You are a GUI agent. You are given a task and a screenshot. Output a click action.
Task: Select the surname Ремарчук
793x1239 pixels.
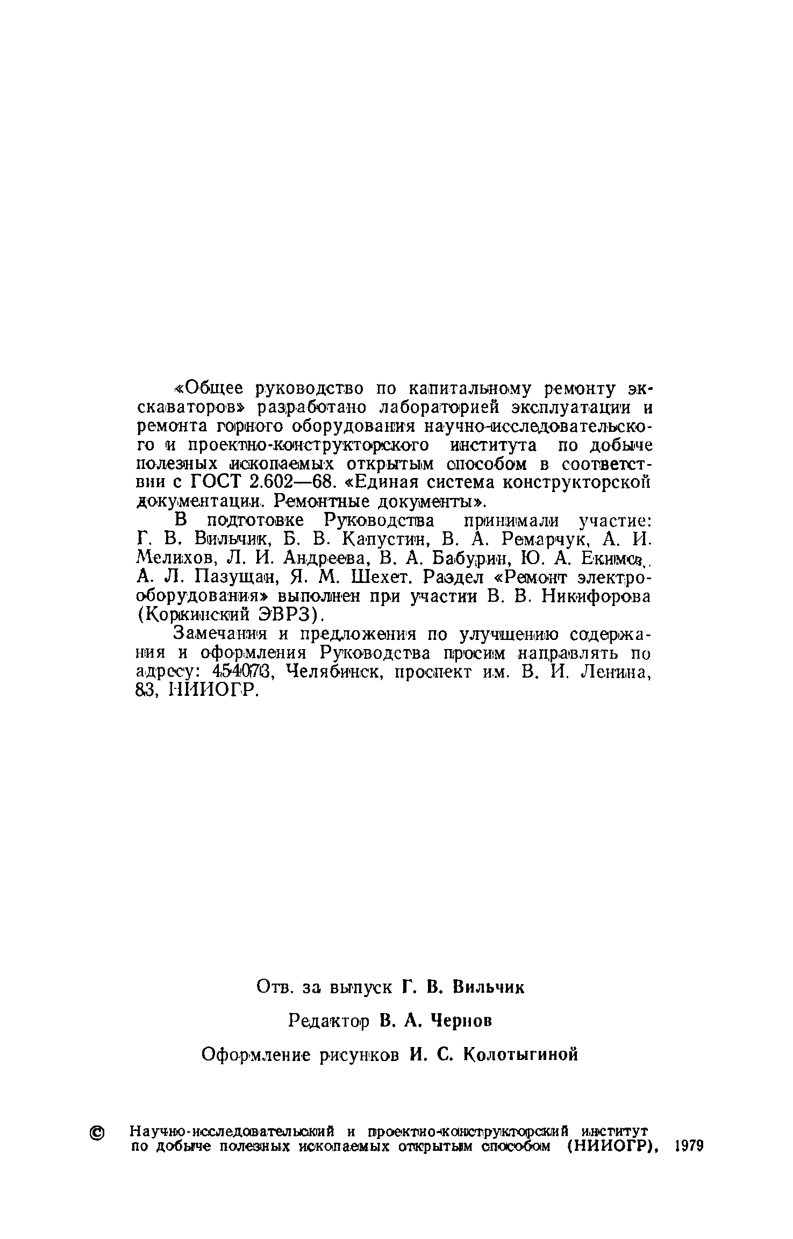pos(543,539)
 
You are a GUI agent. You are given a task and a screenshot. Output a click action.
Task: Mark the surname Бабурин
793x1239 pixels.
pos(462,558)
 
